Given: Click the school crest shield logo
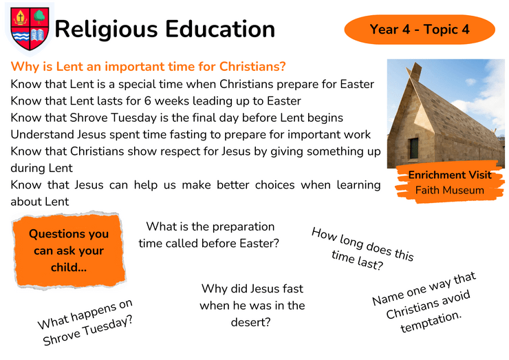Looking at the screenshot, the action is coord(30,29).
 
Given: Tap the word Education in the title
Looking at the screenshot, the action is coord(220,29).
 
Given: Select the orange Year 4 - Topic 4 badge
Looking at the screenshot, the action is coord(420,29).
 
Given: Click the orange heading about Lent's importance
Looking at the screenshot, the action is coord(148,66).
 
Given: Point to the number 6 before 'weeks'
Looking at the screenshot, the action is coord(148,100).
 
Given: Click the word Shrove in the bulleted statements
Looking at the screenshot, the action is coord(89,118).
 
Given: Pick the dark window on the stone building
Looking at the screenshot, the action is coord(413,148).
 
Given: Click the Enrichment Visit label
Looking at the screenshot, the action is coord(450,175).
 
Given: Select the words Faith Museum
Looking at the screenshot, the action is coord(450,190).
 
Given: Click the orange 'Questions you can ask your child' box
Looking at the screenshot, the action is coord(69,251).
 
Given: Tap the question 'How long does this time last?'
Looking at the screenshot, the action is coord(362,249).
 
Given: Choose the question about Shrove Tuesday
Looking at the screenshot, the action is coord(86,322).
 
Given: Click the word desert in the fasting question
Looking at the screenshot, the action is coord(250,322).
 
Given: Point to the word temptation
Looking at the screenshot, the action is coord(431,321).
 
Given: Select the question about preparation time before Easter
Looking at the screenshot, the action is coord(208,235).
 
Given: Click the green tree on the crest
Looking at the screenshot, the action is coord(40,17).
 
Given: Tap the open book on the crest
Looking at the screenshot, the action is coord(38,35).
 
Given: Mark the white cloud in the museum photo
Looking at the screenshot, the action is coord(486,98).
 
